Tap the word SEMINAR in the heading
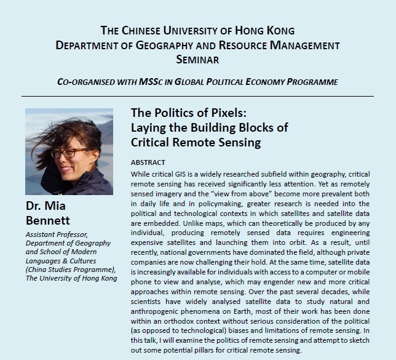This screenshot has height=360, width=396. tap(198, 60)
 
